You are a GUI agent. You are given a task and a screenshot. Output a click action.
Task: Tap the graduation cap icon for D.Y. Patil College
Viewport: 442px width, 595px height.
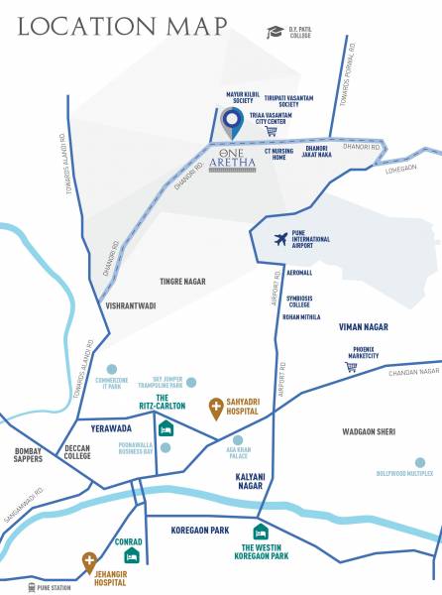tap(275, 32)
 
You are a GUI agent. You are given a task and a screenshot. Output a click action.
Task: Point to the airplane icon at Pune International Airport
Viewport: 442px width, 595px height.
tap(281, 239)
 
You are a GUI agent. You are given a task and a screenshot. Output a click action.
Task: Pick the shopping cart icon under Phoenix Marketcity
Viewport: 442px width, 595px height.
tap(351, 367)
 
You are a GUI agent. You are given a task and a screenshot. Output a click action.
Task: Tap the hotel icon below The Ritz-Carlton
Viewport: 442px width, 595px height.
tap(166, 429)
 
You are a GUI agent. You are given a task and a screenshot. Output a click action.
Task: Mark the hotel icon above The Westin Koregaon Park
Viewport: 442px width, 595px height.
tap(261, 533)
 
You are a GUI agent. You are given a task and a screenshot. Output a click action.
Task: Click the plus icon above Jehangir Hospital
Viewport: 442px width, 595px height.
tap(89, 560)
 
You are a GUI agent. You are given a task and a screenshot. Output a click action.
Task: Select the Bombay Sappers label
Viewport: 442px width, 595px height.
tap(28, 456)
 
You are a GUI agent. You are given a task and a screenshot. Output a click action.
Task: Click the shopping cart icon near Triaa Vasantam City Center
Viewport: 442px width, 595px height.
tap(272, 132)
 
